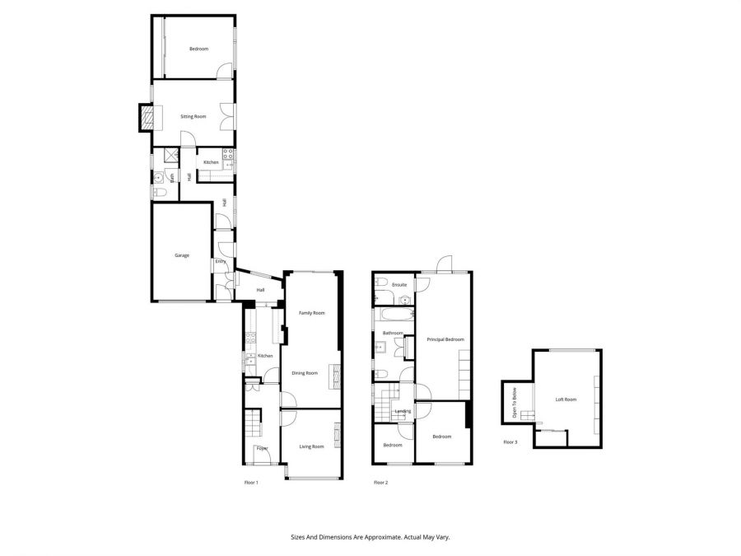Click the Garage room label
[181, 255]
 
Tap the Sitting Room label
[193, 117]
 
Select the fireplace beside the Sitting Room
[146, 119]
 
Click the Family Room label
[311, 313]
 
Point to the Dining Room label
[305, 373]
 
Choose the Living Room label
[311, 446]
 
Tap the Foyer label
[262, 448]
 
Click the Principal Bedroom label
[445, 339]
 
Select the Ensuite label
[399, 285]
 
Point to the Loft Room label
[566, 399]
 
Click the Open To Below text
[515, 403]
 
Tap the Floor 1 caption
[251, 482]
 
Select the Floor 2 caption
[380, 482]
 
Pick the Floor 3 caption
[510, 442]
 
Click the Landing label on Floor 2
[403, 411]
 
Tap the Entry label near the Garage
[220, 262]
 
